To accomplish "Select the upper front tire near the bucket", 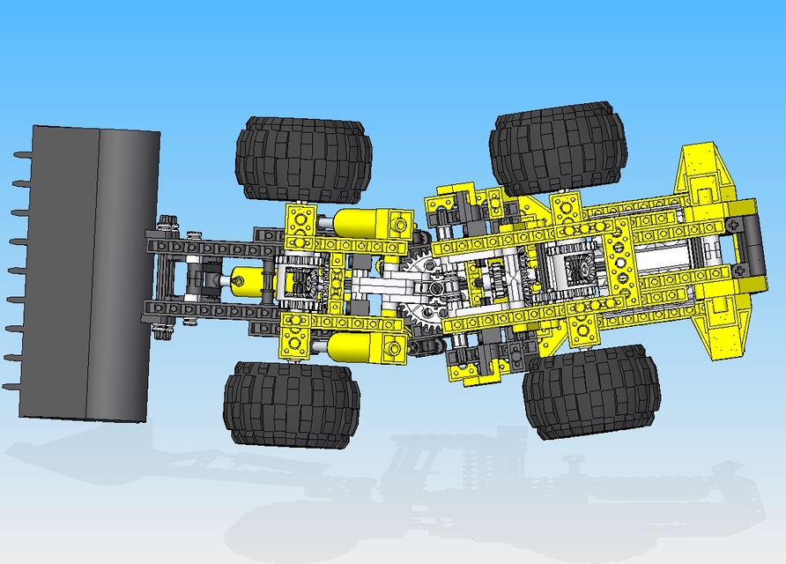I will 303,160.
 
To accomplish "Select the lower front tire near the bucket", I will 290,403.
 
